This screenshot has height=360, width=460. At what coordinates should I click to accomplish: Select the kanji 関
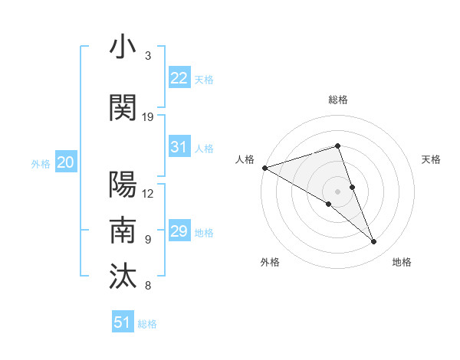123,109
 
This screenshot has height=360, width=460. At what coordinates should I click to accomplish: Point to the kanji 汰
123,275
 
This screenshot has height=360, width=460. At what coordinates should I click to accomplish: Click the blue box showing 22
179,78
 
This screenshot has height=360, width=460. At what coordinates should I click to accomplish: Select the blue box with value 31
179,147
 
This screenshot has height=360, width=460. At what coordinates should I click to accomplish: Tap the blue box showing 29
179,231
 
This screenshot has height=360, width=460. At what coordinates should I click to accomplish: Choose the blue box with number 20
66,162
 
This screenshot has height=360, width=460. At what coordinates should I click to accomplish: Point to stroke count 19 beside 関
149,117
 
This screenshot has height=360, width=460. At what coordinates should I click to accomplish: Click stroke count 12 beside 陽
149,193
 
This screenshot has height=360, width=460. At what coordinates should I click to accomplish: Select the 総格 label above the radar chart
337,100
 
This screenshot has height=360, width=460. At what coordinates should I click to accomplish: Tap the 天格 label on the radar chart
431,159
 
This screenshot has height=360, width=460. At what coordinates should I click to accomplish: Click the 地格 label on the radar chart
402,262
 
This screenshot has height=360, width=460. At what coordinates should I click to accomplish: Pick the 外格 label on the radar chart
270,262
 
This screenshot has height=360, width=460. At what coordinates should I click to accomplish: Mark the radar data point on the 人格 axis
264,167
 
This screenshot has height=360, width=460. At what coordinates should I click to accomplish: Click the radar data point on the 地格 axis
374,242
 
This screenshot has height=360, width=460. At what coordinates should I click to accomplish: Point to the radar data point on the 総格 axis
337,146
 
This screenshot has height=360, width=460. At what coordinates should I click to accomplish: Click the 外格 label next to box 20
41,163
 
